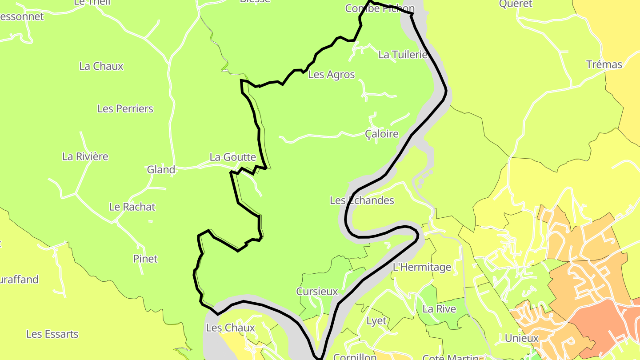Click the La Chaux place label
point(101,66)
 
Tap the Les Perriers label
point(125,108)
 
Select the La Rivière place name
point(85,156)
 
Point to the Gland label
point(161,169)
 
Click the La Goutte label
point(233,157)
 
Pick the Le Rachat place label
point(132,207)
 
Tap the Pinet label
point(145,259)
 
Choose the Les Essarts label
point(52,334)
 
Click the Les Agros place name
point(332,74)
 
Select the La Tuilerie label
point(403,55)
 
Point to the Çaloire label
point(382,134)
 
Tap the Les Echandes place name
point(362,200)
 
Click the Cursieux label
point(317,292)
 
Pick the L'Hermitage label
point(422,267)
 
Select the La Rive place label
point(439,309)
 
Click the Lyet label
point(376,320)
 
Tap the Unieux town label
point(522,338)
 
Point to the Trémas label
point(604,64)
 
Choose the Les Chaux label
point(231,328)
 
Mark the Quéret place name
point(516,4)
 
